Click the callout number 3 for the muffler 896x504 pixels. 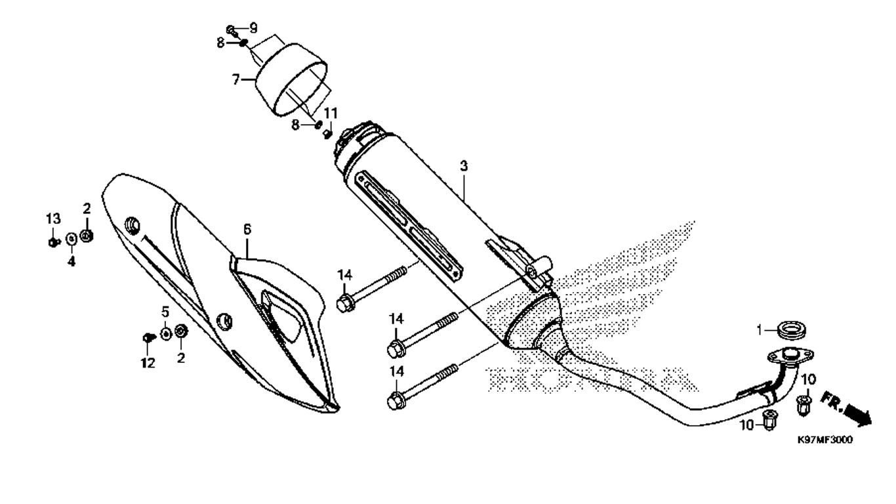(464, 166)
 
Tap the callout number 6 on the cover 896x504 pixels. (247, 230)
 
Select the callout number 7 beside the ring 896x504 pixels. (236, 79)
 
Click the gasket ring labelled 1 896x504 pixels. (792, 331)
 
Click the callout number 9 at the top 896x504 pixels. (253, 28)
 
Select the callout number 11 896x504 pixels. (331, 114)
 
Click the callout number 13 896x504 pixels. (52, 219)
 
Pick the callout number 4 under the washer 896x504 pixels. (71, 262)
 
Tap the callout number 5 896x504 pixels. (165, 311)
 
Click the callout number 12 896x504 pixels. (148, 363)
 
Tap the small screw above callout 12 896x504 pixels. (148, 337)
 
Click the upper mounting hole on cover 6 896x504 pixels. (132, 224)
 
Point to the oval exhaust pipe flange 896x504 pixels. (790, 356)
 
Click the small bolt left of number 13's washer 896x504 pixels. (52, 241)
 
